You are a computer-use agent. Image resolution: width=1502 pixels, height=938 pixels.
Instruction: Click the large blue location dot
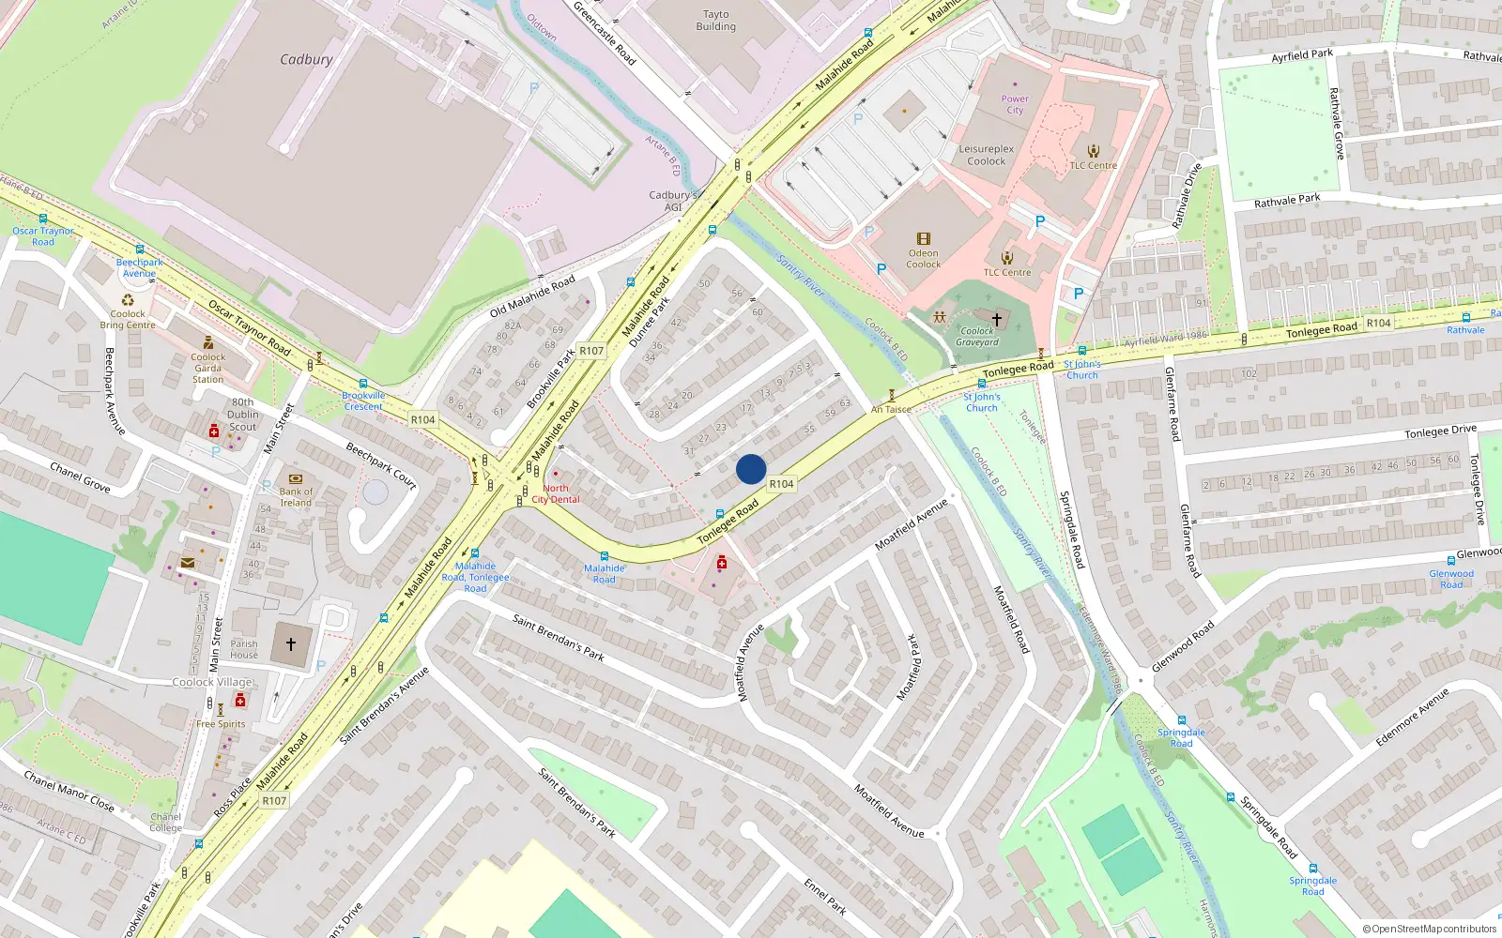point(751,469)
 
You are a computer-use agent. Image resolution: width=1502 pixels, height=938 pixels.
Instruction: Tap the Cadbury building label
point(306,59)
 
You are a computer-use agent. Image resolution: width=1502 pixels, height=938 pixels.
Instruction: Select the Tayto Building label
point(715,21)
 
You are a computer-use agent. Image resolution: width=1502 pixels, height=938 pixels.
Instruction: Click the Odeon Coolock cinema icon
point(924,239)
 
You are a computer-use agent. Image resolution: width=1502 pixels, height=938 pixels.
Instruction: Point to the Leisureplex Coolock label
point(986,155)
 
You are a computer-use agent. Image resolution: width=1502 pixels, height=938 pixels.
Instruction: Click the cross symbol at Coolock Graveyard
point(997,320)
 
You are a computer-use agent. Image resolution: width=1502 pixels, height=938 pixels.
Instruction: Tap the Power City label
point(1015,104)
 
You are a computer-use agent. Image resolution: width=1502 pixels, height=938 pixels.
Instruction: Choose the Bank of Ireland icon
point(296,478)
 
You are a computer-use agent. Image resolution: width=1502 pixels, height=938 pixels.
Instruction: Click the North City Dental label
point(556,493)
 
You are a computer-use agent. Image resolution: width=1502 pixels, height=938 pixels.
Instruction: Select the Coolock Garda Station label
point(207,368)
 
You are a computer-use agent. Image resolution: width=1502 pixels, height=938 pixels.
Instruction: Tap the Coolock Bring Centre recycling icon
point(128,301)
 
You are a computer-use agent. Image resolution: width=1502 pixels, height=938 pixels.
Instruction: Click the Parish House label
point(244,649)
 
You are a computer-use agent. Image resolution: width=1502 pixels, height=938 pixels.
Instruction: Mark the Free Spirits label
point(221,724)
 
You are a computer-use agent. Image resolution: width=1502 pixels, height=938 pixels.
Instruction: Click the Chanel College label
point(165,822)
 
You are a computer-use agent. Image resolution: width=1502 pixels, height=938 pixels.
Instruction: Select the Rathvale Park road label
point(1287,201)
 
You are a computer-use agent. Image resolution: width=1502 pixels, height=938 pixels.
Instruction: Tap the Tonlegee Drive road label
point(1440,431)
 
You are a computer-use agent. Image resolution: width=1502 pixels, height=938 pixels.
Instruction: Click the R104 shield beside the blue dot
point(781,484)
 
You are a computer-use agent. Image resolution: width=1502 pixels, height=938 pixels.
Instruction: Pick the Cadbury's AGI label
point(673,201)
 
